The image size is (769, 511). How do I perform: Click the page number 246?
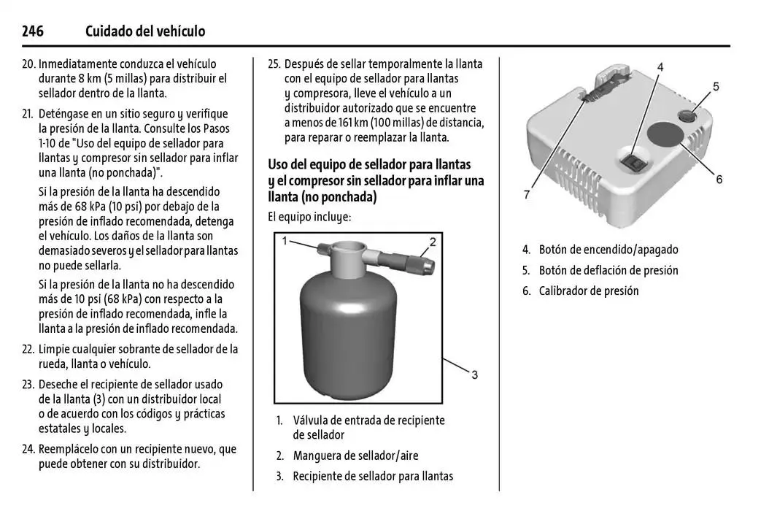[x=33, y=31]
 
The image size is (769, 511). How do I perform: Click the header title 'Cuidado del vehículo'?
[x=145, y=31]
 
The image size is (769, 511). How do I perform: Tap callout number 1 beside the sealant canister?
[x=286, y=240]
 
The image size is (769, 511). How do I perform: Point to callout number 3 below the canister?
[x=474, y=374]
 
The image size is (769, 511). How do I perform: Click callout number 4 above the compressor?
[x=660, y=67]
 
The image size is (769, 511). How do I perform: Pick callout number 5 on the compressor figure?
[x=716, y=87]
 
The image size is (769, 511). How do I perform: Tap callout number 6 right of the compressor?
[x=719, y=179]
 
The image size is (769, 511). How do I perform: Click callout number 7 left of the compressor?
[x=526, y=195]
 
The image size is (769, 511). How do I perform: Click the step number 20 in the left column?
[x=29, y=64]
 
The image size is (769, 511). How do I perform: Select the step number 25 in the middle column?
[x=274, y=64]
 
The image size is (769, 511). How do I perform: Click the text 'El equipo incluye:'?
[x=309, y=217]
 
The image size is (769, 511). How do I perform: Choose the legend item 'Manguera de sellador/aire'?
[x=355, y=456]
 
